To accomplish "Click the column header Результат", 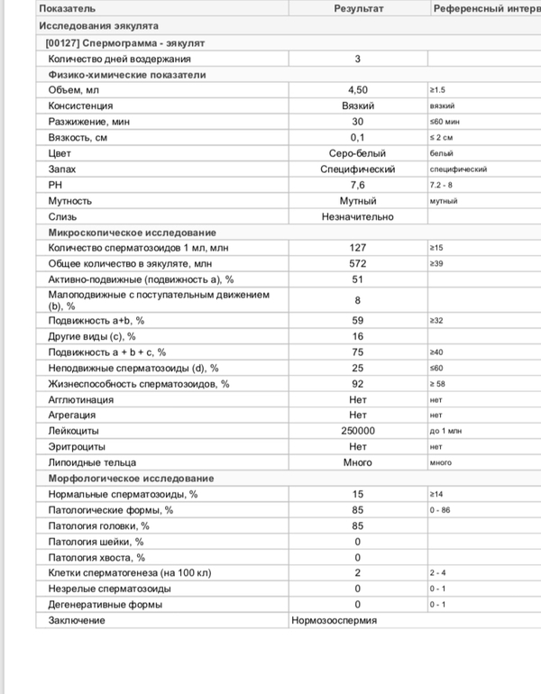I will (x=358, y=9).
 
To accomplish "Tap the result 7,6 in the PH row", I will (x=358, y=185).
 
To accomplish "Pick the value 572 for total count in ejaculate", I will (x=358, y=263).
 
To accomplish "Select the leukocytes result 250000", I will (x=358, y=431).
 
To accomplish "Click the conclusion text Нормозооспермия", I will (x=335, y=620).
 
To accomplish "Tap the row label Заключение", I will (x=77, y=620).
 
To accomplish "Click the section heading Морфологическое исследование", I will (x=130, y=479).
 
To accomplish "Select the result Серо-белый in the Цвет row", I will (x=358, y=153).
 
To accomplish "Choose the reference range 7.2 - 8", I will (x=443, y=185).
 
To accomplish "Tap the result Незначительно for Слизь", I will (x=358, y=216).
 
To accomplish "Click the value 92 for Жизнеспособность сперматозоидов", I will (x=358, y=384).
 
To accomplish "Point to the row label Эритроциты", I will (x=76, y=447).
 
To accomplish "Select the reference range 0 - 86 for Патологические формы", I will (x=442, y=510).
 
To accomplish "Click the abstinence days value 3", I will (x=358, y=59).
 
